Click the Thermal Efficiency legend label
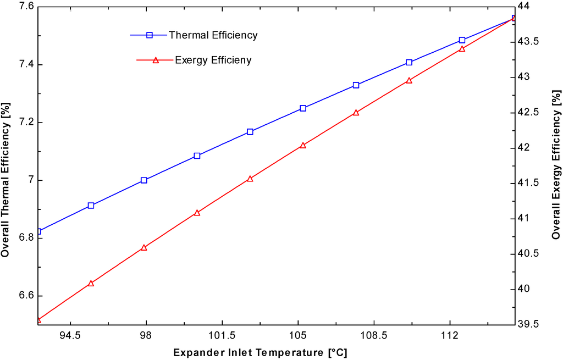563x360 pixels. (x=213, y=35)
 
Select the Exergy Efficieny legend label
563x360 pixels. (x=213, y=60)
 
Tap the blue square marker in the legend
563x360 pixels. (x=150, y=35)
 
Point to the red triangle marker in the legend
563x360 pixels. (x=156, y=60)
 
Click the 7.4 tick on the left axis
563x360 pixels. (x=24, y=64)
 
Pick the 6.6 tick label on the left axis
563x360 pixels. (x=24, y=296)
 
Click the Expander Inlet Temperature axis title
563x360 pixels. (x=260, y=352)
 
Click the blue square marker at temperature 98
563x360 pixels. (x=144, y=180)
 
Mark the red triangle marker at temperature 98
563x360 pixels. (x=144, y=248)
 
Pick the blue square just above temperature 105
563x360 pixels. (x=303, y=108)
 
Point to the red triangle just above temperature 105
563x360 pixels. (x=303, y=146)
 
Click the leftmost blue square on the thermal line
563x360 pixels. (x=38, y=231)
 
